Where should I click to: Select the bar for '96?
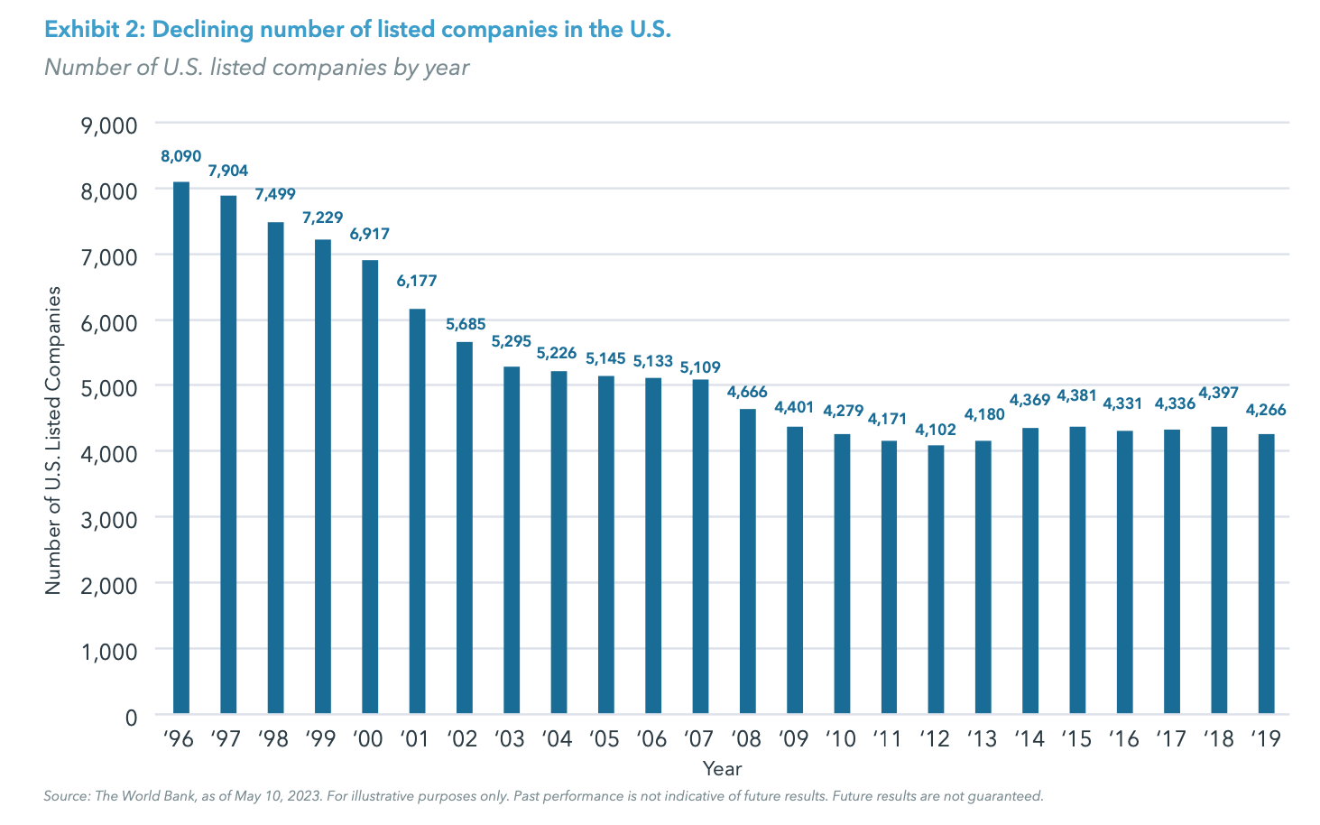[x=181, y=448]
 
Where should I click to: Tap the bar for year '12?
[x=936, y=579]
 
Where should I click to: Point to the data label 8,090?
[x=181, y=156]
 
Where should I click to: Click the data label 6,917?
[x=370, y=234]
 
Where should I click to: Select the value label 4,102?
[x=936, y=430]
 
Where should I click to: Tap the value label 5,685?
[x=465, y=324]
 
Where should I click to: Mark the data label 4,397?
[x=1218, y=393]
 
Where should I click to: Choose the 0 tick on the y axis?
[x=131, y=717]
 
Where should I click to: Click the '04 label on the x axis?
[x=558, y=738]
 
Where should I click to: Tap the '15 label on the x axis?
[x=1076, y=738]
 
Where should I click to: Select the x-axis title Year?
[x=722, y=769]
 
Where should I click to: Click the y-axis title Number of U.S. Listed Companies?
[x=54, y=440]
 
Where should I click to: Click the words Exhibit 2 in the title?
[x=94, y=30]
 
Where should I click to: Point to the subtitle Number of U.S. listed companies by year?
[x=257, y=68]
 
